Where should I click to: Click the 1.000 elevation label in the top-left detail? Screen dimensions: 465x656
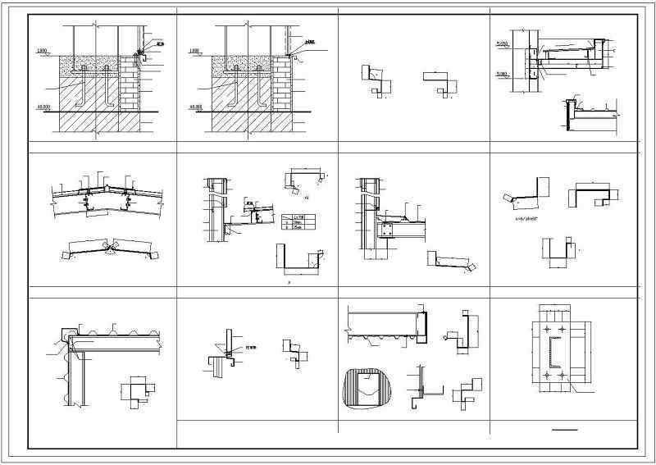pos(41,52)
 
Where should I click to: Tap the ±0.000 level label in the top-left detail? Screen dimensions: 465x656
pos(42,107)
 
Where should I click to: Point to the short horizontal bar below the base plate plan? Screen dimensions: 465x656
pos(564,429)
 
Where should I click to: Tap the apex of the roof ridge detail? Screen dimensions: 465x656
pos(108,187)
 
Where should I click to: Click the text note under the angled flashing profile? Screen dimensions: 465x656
pos(522,221)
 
